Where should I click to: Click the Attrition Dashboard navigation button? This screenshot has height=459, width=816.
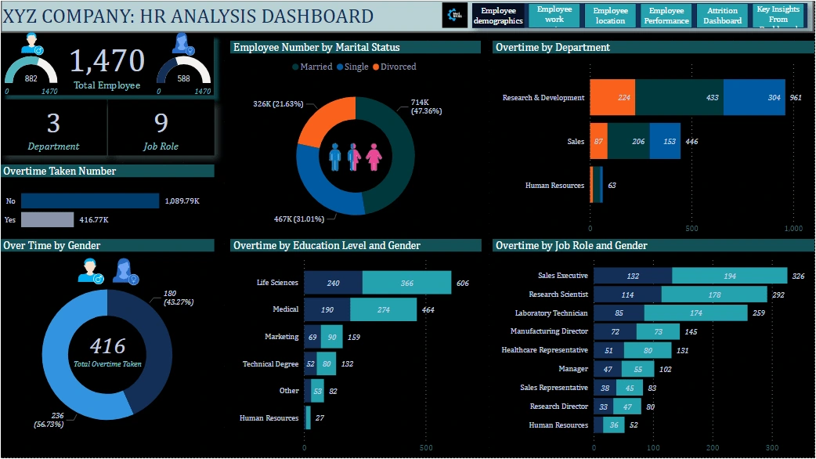(722, 16)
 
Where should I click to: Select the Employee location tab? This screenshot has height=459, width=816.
(610, 16)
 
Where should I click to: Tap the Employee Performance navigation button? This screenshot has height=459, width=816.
(666, 16)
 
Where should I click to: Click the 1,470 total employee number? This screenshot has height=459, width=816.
(107, 60)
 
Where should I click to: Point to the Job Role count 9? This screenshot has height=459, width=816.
(161, 124)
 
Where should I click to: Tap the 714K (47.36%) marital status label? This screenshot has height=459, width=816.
(426, 107)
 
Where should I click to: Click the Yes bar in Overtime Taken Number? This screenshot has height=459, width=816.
(47, 220)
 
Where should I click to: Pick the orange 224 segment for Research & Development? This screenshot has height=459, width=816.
(612, 98)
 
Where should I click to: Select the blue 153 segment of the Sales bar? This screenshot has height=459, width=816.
(665, 142)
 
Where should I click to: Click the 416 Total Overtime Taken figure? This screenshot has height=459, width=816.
(107, 345)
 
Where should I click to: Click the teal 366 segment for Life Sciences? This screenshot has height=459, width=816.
(406, 283)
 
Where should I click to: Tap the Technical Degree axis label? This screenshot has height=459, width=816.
(270, 363)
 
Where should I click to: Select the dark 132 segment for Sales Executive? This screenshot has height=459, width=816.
(633, 276)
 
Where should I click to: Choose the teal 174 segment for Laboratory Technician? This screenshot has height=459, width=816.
(695, 313)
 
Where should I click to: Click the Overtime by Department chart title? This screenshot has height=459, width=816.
(553, 48)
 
